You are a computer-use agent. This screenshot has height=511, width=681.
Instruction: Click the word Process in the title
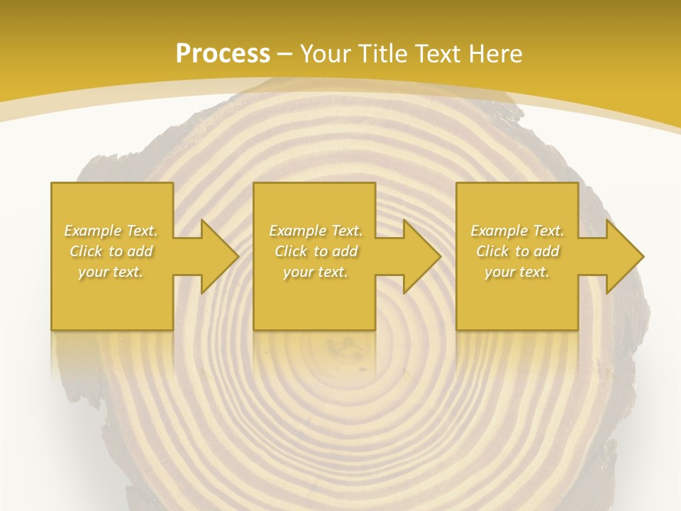[223, 54]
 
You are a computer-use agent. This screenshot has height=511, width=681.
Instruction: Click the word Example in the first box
[91, 231]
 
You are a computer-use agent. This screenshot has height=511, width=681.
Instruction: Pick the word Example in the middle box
[296, 231]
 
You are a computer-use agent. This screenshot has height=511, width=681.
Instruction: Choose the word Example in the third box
[497, 231]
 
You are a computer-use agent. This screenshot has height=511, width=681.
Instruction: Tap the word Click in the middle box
[291, 251]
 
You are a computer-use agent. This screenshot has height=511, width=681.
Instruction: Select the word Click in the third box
[492, 251]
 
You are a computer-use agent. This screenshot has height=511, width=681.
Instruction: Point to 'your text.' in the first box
[111, 272]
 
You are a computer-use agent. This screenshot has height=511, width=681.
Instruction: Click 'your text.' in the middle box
[315, 272]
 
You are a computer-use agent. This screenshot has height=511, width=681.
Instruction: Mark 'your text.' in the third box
[516, 272]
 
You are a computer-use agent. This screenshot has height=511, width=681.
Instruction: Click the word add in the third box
[546, 251]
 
